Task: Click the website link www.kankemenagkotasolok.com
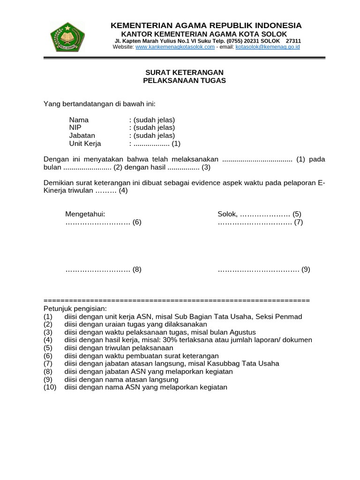tap(175, 47)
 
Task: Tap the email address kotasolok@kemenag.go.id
tap(267, 47)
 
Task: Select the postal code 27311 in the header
tap(293, 41)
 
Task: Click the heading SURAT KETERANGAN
tap(184, 72)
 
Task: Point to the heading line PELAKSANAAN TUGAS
tap(184, 80)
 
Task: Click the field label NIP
tap(75, 127)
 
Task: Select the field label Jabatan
tap(82, 135)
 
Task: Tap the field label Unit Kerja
tap(85, 143)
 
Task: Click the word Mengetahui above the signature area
tap(85, 214)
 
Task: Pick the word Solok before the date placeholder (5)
tap(227, 214)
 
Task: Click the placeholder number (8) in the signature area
tap(136, 270)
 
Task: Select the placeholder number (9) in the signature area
tap(306, 270)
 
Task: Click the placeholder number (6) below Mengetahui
tap(136, 222)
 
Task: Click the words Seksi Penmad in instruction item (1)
tap(282, 316)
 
